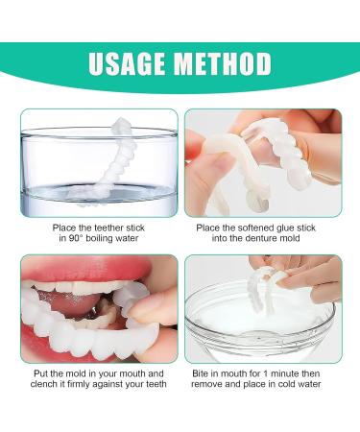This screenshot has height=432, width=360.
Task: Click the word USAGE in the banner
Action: [x=128, y=63]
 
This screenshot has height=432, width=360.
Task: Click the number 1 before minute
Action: [x=265, y=373]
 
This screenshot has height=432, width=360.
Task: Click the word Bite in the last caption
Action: [x=199, y=373]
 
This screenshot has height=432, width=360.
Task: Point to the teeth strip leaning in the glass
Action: [x=108, y=161]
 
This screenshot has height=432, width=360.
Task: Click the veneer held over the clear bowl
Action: [x=264, y=286]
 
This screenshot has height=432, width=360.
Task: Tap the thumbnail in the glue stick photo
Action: [x=222, y=161]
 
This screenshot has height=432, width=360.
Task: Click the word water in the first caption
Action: [x=128, y=239]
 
